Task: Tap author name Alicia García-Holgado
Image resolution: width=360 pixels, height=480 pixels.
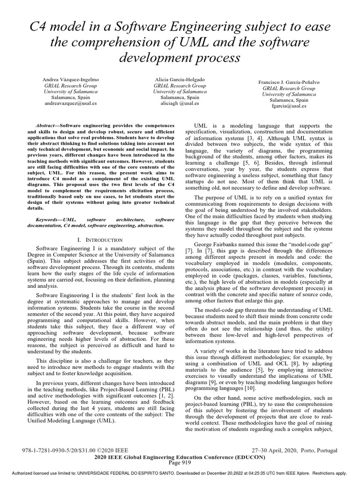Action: pyautogui.click(x=180, y=80)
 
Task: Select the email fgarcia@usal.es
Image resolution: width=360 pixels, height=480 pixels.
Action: pyautogui.click(x=289, y=106)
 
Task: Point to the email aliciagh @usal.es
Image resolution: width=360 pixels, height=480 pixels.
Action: pyautogui.click(x=180, y=104)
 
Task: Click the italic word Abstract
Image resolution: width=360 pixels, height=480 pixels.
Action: pyautogui.click(x=47, y=126)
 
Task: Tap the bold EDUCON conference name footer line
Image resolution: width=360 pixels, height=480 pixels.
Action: pyautogui.click(x=180, y=457)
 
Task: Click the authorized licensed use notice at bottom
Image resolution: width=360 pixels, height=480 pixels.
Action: pyautogui.click(x=180, y=473)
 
